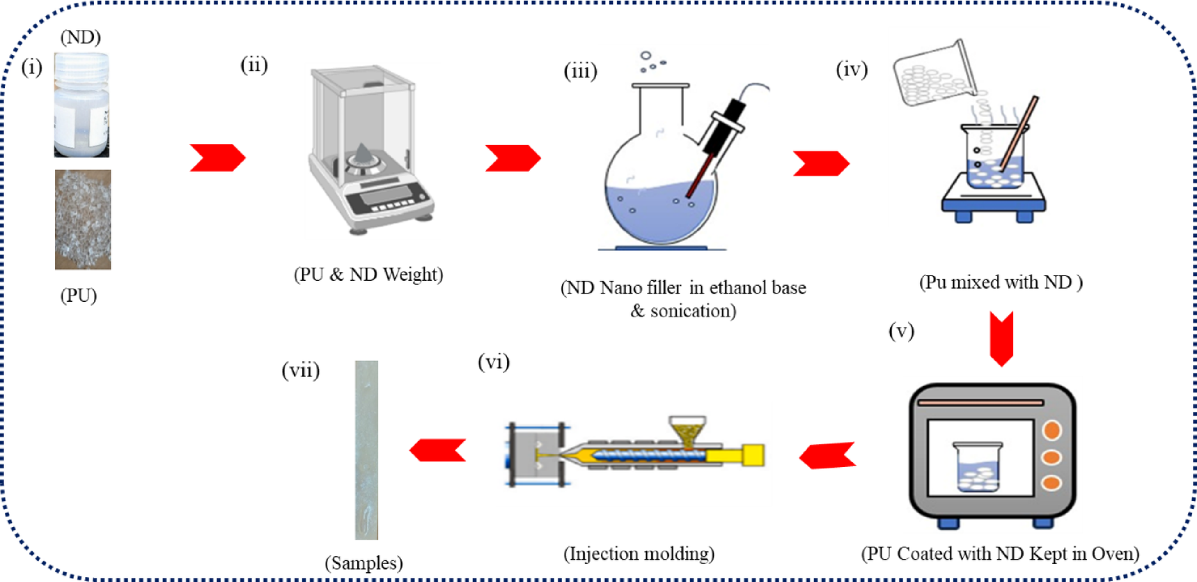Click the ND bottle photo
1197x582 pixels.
click(81, 106)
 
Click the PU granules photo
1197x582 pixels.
click(83, 220)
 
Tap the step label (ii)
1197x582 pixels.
click(254, 65)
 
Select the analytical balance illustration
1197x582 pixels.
click(369, 150)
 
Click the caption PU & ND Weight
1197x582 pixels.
click(368, 275)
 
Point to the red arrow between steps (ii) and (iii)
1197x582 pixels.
click(513, 158)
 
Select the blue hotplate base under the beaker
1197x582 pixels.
click(994, 204)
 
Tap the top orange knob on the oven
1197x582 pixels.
click(1051, 430)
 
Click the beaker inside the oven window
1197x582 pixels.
click(978, 466)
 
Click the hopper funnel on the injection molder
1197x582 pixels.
click(687, 431)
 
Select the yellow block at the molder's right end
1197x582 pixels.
click(753, 455)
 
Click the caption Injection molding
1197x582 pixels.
click(639, 554)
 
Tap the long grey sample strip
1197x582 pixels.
click(366, 450)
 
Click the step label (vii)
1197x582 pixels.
click(300, 369)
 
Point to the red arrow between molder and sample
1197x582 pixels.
click(437, 450)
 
